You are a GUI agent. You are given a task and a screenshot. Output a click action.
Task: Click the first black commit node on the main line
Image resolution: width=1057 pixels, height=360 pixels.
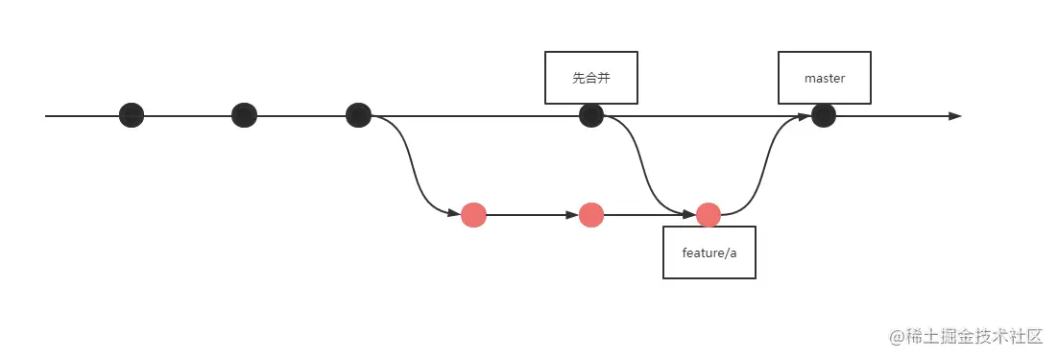point(132,115)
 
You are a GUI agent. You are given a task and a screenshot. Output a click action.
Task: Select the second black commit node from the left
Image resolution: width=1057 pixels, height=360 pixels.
point(245,115)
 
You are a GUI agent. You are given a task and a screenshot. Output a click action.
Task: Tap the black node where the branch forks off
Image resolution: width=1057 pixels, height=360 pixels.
point(358,115)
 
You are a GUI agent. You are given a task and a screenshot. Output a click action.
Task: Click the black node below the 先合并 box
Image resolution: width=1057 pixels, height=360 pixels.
point(591,115)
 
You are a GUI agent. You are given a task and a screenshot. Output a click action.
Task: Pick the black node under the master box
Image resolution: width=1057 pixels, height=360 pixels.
point(824,115)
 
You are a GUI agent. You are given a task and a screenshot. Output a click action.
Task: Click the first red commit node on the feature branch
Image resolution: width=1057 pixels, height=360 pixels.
point(473,215)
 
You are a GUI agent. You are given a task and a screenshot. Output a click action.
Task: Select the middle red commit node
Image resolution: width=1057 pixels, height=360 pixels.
point(591,215)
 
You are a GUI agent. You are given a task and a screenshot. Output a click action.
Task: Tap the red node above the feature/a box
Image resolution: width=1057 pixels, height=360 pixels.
point(709,215)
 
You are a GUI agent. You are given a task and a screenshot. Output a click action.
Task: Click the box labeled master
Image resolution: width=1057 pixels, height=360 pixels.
point(825,78)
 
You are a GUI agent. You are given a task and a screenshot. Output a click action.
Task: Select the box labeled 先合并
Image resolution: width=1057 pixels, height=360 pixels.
point(591,78)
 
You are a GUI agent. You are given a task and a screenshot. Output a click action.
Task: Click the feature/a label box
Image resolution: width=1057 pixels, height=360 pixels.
point(709,252)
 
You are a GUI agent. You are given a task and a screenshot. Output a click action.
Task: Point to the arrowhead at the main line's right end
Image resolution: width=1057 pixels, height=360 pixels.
point(954,116)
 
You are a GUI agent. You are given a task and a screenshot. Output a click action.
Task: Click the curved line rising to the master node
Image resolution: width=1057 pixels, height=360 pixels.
point(766,165)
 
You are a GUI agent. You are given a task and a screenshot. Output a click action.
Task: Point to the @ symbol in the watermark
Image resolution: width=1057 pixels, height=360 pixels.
point(897,337)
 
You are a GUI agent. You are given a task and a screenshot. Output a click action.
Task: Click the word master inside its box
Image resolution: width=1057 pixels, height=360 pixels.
point(825,78)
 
